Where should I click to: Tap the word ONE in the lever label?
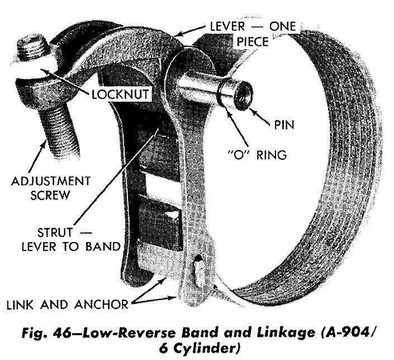283,26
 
